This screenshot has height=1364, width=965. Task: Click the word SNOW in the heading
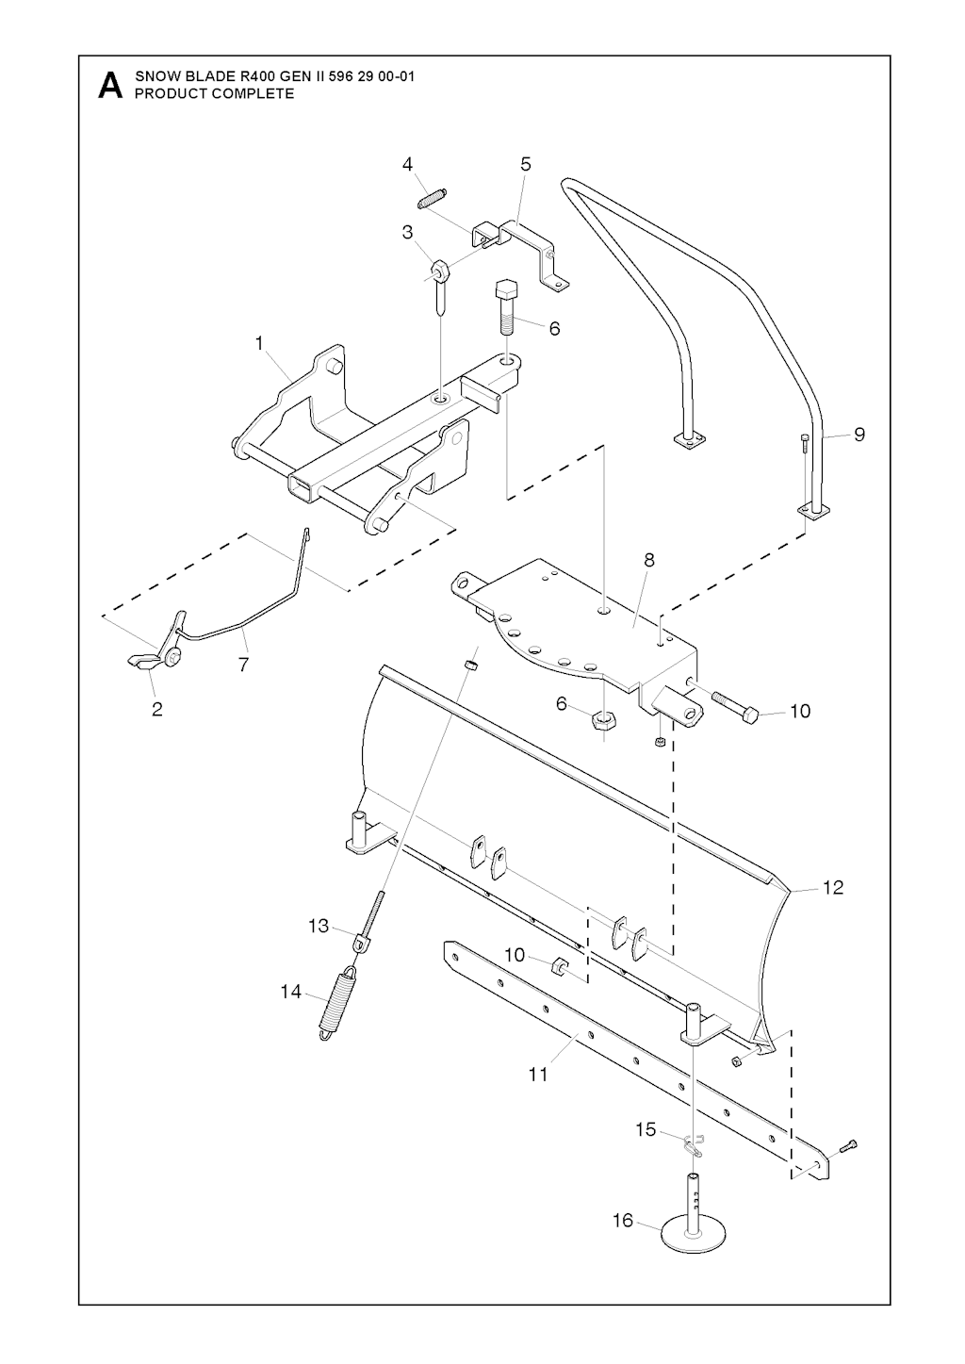(x=155, y=76)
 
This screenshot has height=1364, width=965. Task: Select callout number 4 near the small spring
(x=407, y=164)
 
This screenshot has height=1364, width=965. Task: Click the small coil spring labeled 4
(x=433, y=198)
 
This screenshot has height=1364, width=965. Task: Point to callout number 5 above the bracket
(x=526, y=164)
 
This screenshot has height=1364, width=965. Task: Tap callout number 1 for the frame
(x=259, y=344)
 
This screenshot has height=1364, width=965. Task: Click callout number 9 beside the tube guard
(x=859, y=435)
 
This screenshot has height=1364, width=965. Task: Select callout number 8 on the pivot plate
(x=649, y=560)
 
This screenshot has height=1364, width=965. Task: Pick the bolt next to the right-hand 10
(x=735, y=706)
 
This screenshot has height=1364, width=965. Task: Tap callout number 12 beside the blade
(x=833, y=888)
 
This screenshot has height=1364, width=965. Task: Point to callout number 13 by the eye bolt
(x=319, y=927)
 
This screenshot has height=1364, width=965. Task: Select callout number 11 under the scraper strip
(x=538, y=1076)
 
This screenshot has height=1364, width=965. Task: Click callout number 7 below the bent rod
(x=243, y=665)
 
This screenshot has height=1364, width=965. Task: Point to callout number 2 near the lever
(x=157, y=709)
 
